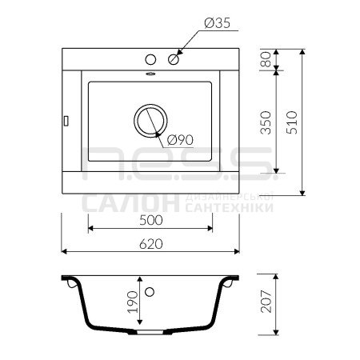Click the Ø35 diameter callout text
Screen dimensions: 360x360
pos(217,23)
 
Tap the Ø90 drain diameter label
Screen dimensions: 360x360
pos(180,140)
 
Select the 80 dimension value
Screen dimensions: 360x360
pos(266,59)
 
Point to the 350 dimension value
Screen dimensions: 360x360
pos(266,122)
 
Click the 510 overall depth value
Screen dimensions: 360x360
pos(292,122)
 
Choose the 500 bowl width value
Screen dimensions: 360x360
pos(151,220)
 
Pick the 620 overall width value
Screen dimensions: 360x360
pos(151,244)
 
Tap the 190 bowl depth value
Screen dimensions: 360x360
pos(133,302)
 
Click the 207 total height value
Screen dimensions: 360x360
pos(266,302)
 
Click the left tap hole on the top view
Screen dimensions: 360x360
pos(150,59)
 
